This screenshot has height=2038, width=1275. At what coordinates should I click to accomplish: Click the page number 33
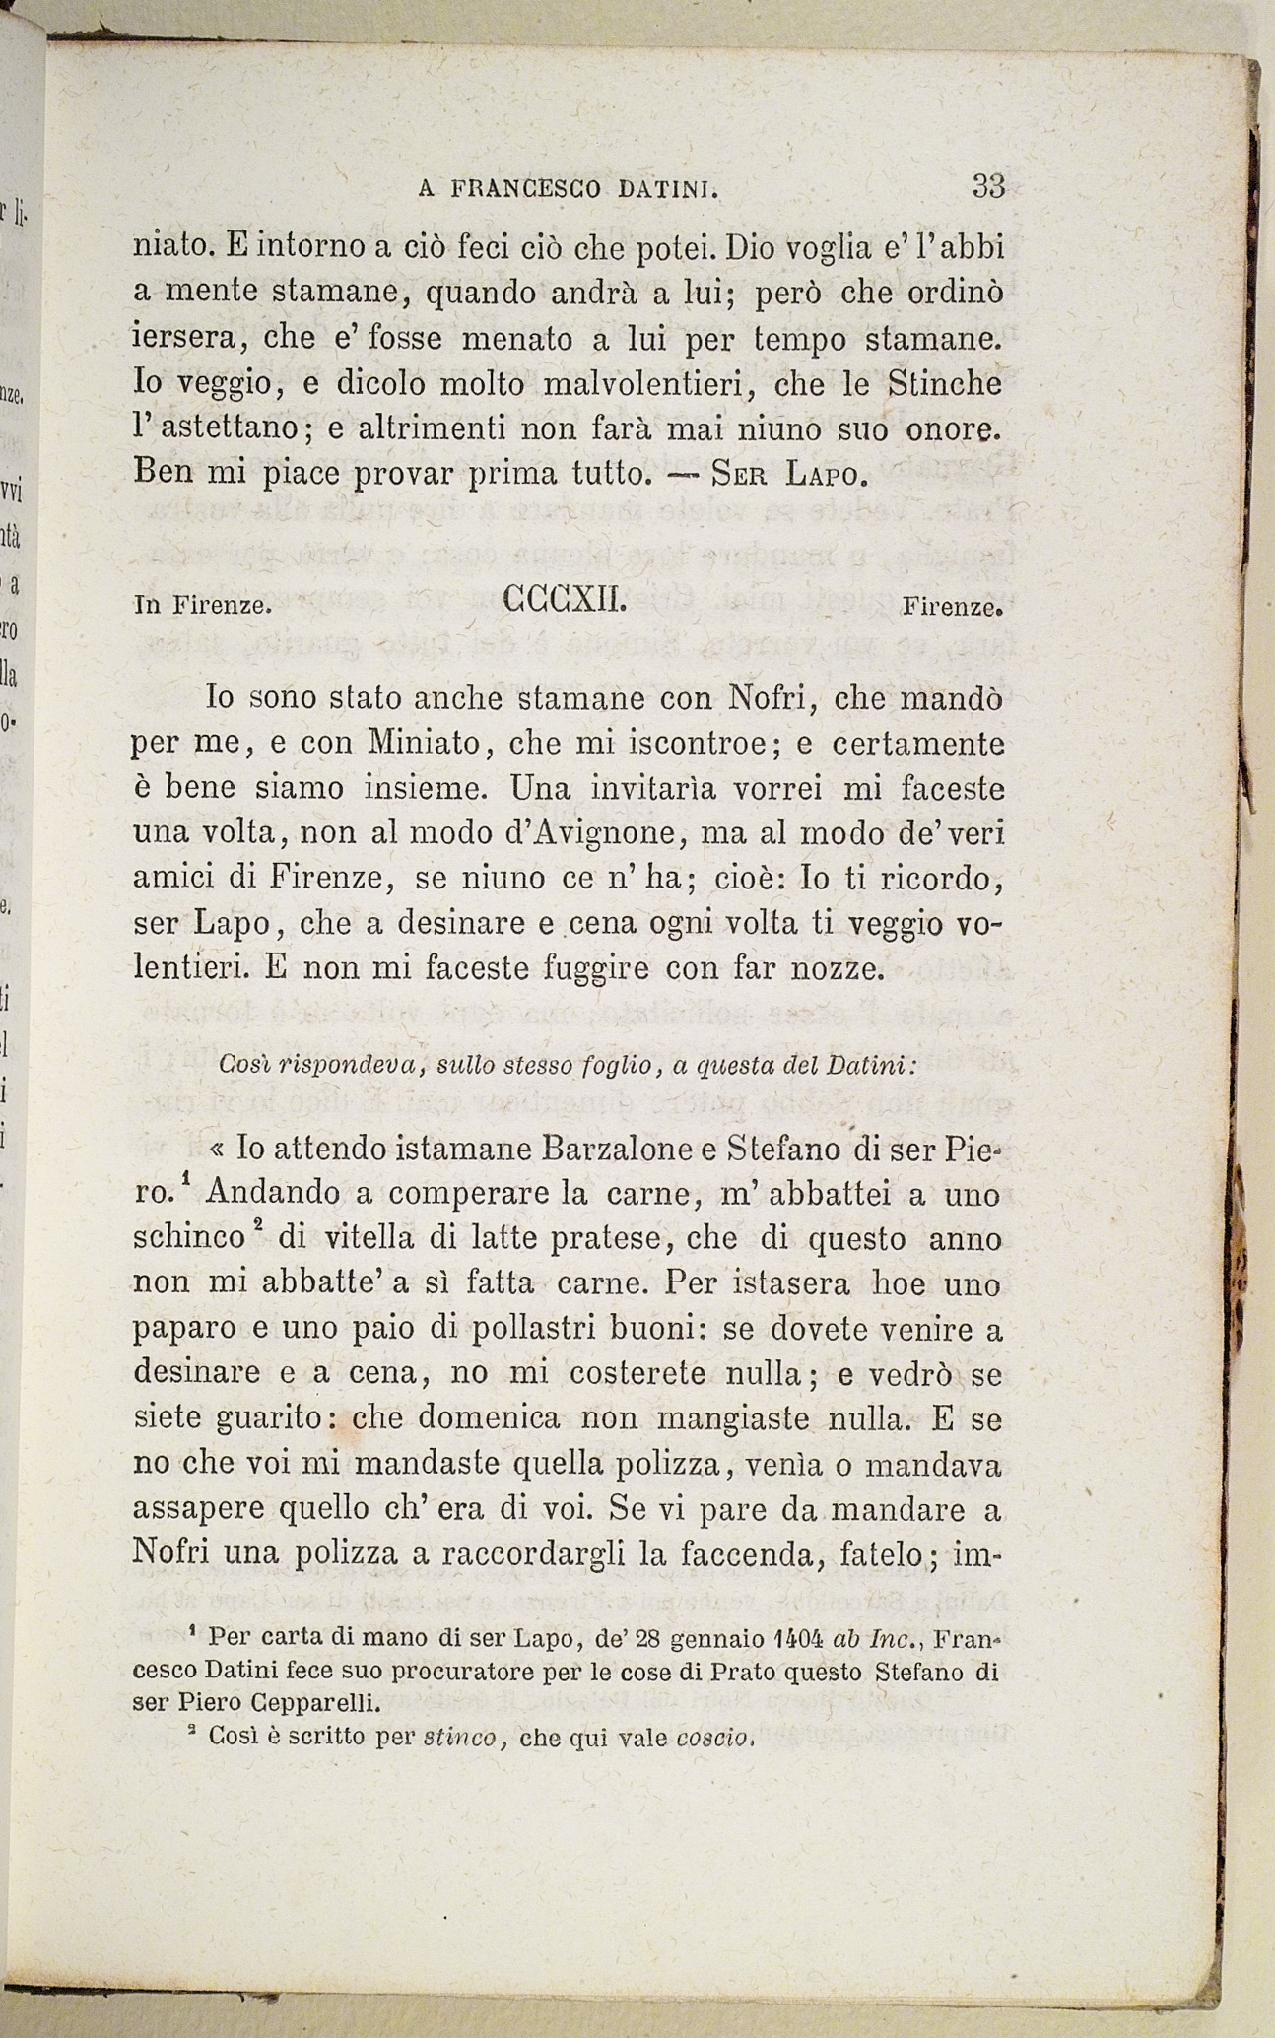coord(987,185)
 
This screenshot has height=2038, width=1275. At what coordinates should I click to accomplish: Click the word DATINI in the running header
coord(667,189)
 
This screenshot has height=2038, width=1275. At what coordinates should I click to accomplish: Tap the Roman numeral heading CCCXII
coord(565,598)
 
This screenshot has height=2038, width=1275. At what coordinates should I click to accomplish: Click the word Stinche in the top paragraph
coord(944,383)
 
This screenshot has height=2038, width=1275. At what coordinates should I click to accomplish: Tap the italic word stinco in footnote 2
coord(460,1737)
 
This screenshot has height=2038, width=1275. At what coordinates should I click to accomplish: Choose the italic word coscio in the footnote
coord(714,1737)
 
